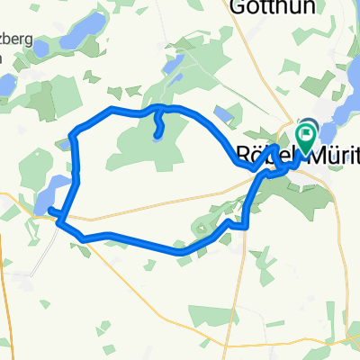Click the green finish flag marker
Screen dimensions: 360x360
click(x=305, y=138)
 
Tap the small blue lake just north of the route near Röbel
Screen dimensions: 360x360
click(x=222, y=115)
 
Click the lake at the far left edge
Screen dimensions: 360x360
click(x=4, y=85)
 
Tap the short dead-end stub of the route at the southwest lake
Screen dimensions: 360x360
click(x=54, y=212)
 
